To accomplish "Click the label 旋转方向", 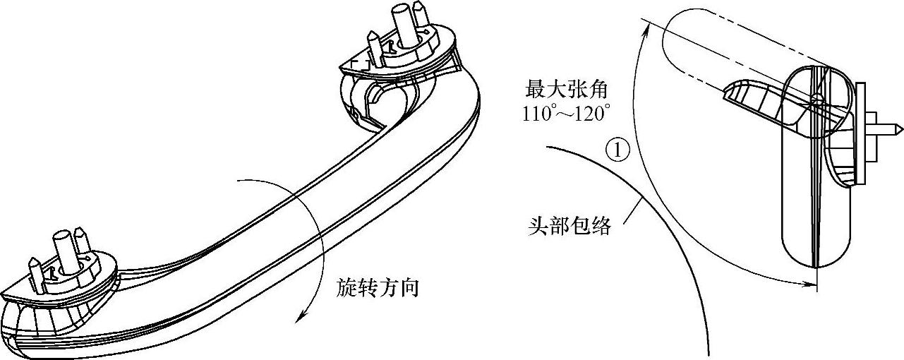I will (378, 288).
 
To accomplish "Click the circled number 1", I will (616, 150).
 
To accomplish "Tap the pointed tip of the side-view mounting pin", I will (900, 129).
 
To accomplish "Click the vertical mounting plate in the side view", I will (861, 134).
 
